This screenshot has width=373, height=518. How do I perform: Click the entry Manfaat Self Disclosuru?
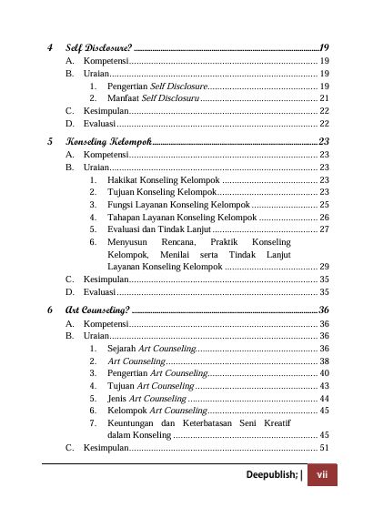(153, 96)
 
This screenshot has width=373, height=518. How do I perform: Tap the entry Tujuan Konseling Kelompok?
(161, 193)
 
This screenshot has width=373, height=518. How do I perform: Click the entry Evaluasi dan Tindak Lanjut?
(164, 230)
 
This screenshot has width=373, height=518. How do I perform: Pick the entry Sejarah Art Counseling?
(151, 349)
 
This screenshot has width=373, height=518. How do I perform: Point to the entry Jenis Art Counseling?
(146, 399)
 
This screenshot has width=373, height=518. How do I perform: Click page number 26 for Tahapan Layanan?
(324, 218)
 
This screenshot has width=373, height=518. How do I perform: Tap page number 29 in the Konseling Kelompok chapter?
(324, 267)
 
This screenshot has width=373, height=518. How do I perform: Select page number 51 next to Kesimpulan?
(324, 449)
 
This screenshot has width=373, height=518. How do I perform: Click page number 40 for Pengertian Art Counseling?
(324, 373)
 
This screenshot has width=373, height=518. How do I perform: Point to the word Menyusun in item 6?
(128, 243)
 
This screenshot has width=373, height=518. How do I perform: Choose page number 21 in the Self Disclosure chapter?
(324, 96)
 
